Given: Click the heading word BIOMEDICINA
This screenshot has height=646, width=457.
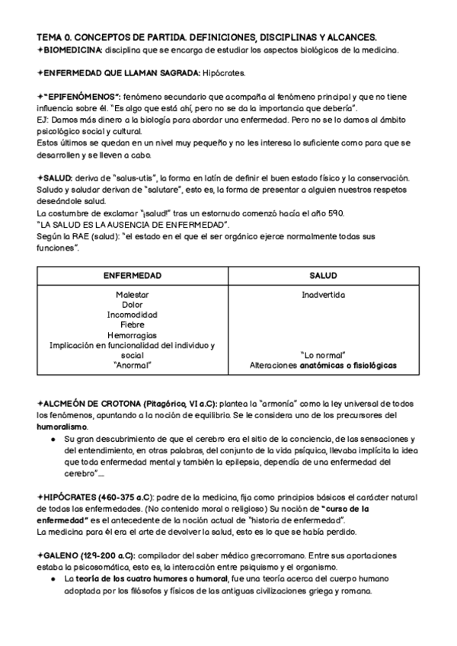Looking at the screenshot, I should pyautogui.click(x=72, y=50).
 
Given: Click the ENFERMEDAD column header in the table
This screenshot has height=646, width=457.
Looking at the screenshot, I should pyautogui.click(x=133, y=275).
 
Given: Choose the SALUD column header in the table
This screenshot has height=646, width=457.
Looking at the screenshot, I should pyautogui.click(x=324, y=275).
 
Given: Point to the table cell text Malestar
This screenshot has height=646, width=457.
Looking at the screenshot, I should pyautogui.click(x=133, y=295).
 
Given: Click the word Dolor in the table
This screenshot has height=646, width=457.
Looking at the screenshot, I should pyautogui.click(x=133, y=305).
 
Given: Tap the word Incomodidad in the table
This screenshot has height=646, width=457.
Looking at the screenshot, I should pyautogui.click(x=133, y=315).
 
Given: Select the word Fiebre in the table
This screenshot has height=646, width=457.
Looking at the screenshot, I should pyautogui.click(x=133, y=325).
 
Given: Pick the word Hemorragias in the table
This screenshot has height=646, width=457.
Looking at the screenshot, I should pyautogui.click(x=133, y=335).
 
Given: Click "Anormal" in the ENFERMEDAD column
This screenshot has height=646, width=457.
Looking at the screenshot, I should pyautogui.click(x=133, y=366).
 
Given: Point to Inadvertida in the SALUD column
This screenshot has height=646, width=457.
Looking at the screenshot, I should pyautogui.click(x=324, y=295).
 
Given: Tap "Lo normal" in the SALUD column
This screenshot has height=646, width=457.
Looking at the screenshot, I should pyautogui.click(x=324, y=355).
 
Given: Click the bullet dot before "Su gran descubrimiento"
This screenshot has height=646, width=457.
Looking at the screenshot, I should pyautogui.click(x=52, y=440).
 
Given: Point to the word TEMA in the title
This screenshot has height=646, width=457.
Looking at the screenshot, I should pyautogui.click(x=49, y=37).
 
